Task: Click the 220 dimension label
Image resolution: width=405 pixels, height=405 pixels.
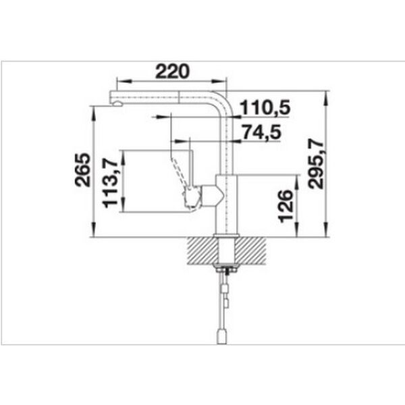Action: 172,72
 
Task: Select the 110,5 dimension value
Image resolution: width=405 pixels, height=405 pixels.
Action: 265,107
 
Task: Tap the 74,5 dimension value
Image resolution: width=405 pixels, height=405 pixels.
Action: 262,132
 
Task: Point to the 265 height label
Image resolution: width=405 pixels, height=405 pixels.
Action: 82,169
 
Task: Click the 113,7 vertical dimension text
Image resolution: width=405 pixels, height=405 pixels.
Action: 110,183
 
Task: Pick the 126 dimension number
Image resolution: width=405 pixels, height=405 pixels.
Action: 286,206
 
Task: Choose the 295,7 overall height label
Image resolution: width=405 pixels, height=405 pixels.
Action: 316,164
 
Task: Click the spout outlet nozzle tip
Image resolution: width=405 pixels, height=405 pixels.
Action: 117,104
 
